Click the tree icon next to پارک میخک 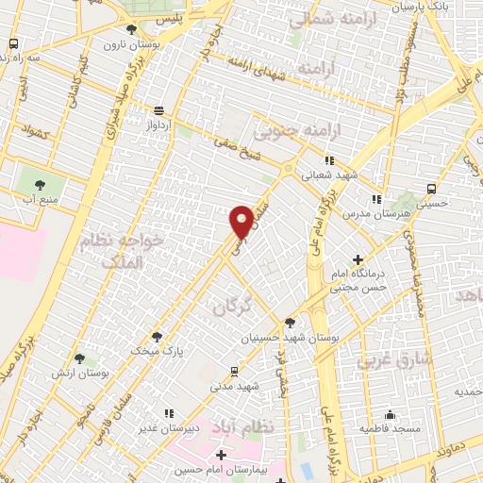point(156,336)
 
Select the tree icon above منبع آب point(41,185)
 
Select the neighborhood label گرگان point(233,305)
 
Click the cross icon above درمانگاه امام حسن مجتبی point(358,259)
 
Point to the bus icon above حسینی point(431,189)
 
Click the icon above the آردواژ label point(158,109)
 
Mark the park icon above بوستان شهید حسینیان point(291,322)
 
